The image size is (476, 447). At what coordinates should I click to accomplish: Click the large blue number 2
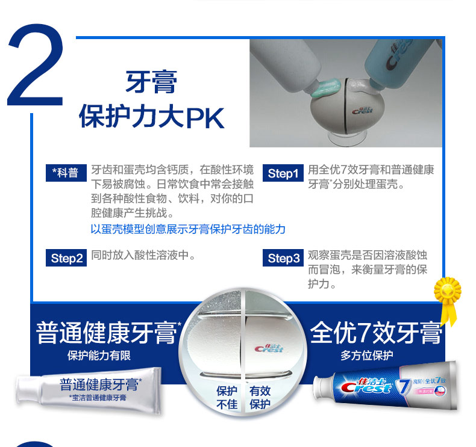[x=36, y=65]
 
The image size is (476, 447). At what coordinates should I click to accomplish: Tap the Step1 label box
[x=283, y=173]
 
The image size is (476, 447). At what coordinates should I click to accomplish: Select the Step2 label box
[x=66, y=258]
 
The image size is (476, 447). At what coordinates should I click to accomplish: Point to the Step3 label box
[x=283, y=258]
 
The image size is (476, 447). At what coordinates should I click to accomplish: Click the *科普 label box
[x=66, y=173]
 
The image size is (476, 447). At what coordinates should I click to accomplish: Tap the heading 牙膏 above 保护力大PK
[x=151, y=82]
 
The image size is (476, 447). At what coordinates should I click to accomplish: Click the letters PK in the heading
[x=205, y=118]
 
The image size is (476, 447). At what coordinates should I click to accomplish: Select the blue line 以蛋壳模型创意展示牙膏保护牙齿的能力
[x=188, y=229]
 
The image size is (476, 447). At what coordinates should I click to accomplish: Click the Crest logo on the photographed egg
[x=362, y=111]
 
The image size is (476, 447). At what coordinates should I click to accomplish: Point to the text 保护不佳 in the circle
[x=227, y=398]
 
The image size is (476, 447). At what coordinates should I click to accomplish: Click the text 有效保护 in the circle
[x=260, y=398]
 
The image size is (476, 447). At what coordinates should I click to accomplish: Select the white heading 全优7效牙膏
[x=376, y=333]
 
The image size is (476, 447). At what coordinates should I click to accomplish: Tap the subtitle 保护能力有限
[x=99, y=356]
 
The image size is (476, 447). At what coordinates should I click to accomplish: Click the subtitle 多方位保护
[x=367, y=355]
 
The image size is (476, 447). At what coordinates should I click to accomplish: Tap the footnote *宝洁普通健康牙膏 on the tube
[x=98, y=398]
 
